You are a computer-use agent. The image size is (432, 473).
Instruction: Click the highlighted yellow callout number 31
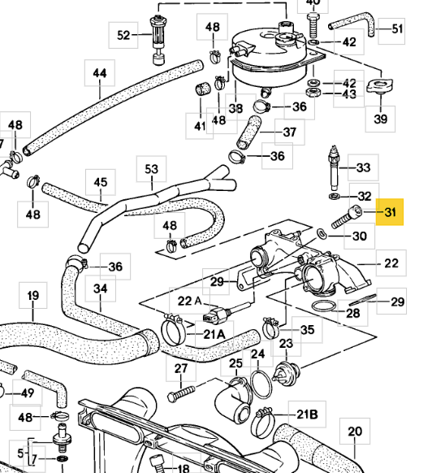pos(390,212)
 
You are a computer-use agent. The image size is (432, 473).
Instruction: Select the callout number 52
pos(123,35)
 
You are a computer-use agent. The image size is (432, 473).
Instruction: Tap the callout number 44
pos(100,73)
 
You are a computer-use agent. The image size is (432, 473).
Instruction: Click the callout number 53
pos(151,169)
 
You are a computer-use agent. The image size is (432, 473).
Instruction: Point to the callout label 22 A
pos(190,301)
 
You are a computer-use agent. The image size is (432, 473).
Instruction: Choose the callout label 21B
pos(307,414)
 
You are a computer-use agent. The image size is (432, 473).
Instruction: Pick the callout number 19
pos(32,295)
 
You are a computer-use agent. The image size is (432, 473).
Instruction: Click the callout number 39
pos(381,119)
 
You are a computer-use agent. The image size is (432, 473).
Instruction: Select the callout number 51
pos(397,29)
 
